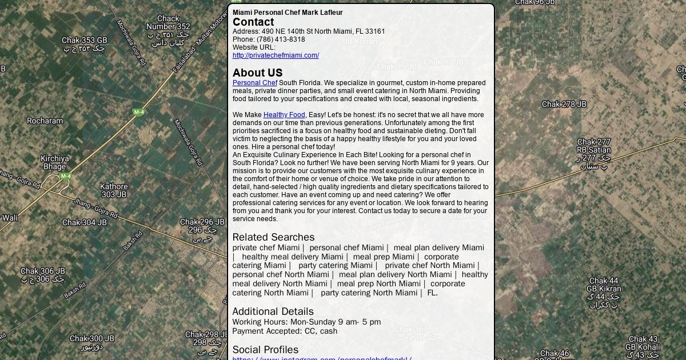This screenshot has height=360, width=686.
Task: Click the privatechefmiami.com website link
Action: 276,55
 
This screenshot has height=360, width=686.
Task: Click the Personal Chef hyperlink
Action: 254,83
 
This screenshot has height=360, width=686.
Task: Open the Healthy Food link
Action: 284,115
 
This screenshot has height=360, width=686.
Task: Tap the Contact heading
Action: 253,22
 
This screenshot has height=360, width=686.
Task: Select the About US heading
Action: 257,73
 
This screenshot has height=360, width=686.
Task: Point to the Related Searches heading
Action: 273,237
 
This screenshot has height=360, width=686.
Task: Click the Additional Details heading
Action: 273,311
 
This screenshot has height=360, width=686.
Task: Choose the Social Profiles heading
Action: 265,350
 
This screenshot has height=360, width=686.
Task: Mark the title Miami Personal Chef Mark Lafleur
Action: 288,13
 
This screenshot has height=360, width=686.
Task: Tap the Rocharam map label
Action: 45,121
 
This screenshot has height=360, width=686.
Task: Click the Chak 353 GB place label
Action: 85,41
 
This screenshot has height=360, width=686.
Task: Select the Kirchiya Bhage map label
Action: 55,162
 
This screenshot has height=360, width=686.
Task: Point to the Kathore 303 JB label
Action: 114,190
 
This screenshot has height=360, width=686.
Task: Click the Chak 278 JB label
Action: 564,104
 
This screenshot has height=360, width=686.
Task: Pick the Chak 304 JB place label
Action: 85,222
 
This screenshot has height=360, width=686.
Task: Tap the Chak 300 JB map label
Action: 92,338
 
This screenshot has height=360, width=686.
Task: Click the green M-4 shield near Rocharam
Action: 139,112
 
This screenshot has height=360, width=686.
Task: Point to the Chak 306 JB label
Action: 43,271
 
